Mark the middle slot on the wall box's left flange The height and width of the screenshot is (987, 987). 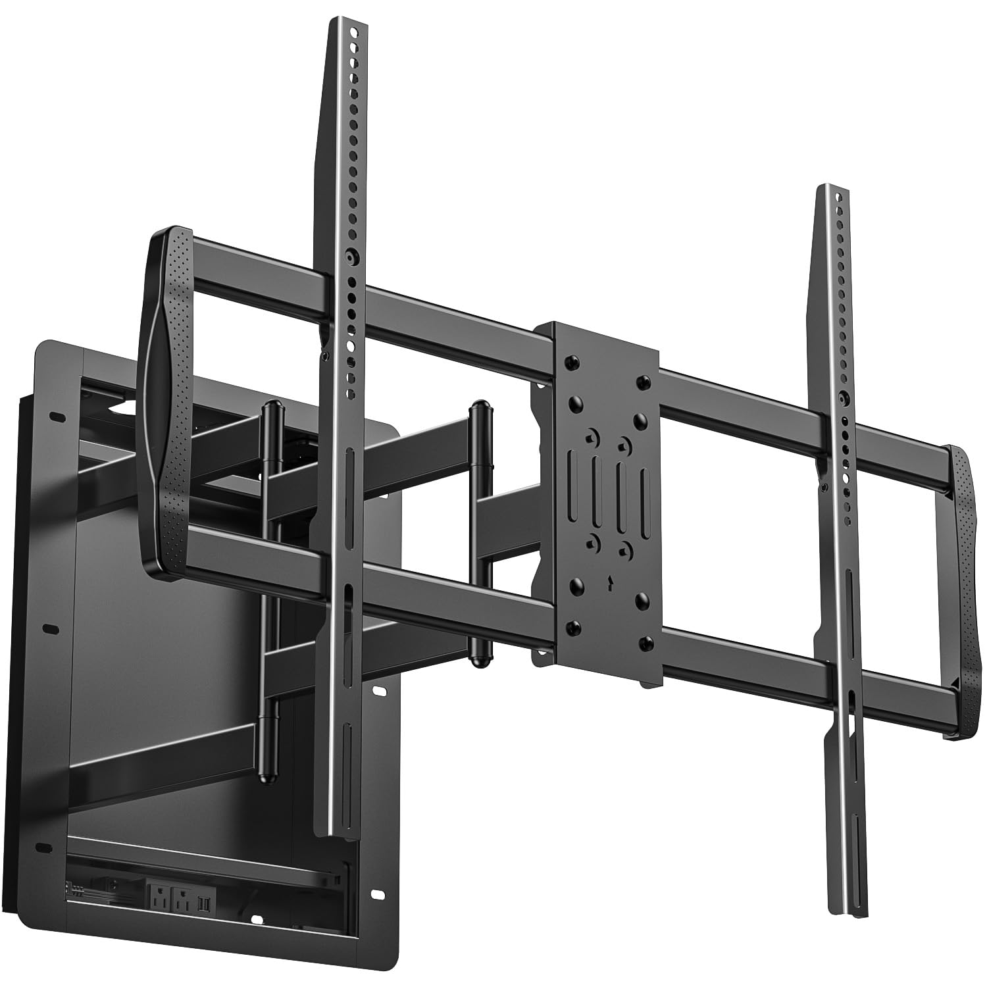pyautogui.click(x=50, y=629)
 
